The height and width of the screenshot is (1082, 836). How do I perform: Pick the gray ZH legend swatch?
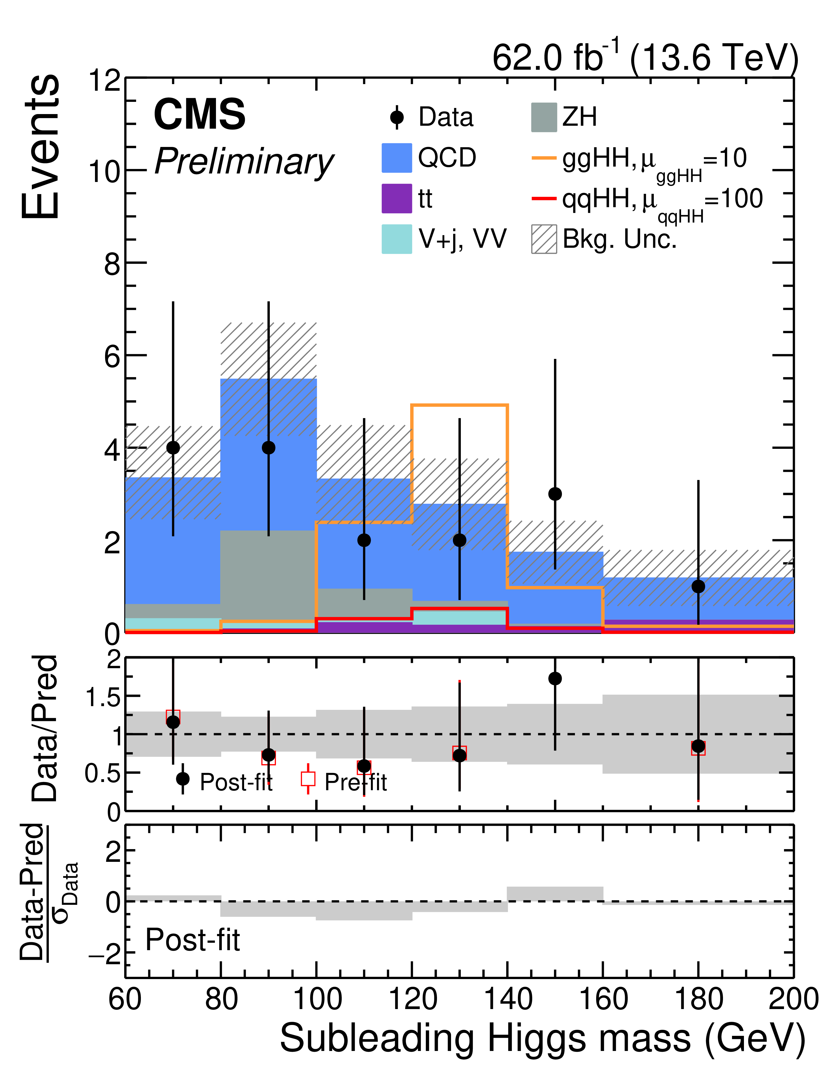[544, 118]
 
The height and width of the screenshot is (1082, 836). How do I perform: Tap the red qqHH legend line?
[544, 199]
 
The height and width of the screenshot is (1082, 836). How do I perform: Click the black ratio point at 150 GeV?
[555, 678]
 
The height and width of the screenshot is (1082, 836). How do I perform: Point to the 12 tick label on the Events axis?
[104, 80]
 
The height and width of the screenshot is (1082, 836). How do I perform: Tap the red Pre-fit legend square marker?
[308, 779]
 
